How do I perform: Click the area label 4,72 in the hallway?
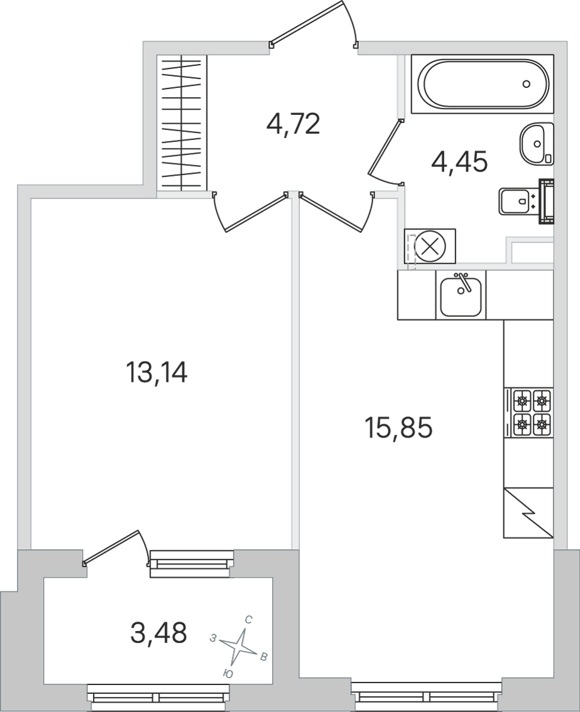click(293, 124)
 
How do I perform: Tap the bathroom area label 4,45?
click(459, 161)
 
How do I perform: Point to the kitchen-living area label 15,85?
click(398, 428)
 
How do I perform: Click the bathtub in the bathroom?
click(483, 84)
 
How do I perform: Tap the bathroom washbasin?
click(537, 143)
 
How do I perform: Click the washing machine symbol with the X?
click(430, 246)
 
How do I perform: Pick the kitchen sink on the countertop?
click(461, 295)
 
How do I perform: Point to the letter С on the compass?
click(249, 620)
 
